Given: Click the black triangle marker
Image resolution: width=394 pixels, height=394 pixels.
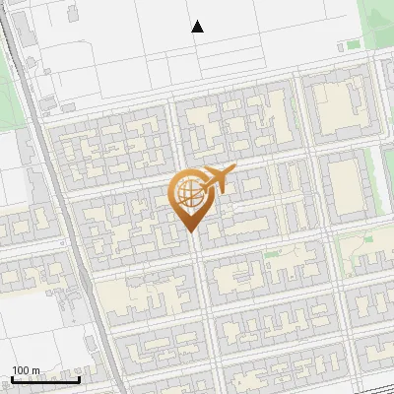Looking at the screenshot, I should [198, 27].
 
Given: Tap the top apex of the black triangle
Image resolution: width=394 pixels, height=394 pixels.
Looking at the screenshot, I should [198, 21].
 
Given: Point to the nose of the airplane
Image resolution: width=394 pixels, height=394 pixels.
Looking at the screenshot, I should [232, 172].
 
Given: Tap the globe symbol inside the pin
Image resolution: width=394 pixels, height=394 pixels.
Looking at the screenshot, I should [187, 194].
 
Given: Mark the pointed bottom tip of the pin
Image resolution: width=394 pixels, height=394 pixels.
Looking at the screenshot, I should [191, 231].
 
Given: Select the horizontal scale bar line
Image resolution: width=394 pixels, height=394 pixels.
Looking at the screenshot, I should [45, 379].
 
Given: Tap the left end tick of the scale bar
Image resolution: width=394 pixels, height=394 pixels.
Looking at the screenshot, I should [12, 377].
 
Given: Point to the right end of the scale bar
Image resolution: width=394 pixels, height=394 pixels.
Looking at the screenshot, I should [79, 377].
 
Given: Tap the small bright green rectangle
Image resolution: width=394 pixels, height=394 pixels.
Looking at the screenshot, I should [354, 44].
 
